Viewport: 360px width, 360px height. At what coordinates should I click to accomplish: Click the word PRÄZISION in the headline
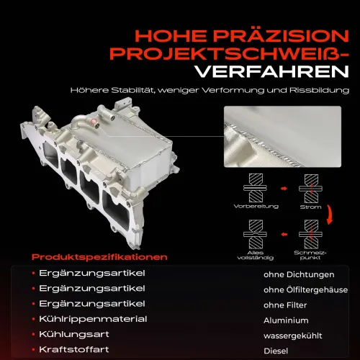(x=281, y=35)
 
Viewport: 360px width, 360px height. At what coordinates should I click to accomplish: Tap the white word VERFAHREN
(x=272, y=71)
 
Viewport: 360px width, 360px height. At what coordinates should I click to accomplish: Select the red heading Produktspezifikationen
(x=99, y=257)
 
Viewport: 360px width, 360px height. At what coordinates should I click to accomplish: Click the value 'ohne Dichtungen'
(x=299, y=274)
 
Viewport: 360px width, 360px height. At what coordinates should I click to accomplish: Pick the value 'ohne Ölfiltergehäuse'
(x=305, y=289)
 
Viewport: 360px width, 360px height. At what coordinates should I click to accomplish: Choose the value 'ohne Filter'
(x=285, y=305)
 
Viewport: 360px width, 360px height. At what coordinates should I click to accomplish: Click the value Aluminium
(x=286, y=320)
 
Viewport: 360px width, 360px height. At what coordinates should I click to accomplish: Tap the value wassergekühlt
(x=293, y=336)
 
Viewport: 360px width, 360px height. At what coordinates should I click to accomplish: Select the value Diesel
(x=276, y=351)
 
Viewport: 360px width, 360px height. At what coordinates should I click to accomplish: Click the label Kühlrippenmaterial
(x=93, y=319)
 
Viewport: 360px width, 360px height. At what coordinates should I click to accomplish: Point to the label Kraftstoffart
(x=74, y=349)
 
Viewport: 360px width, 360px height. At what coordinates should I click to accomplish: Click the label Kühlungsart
(x=74, y=334)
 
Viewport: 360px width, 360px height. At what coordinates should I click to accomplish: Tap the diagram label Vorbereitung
(x=256, y=207)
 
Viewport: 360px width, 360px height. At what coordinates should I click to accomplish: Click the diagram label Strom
(x=310, y=207)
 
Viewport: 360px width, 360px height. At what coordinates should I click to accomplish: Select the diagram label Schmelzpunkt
(x=310, y=255)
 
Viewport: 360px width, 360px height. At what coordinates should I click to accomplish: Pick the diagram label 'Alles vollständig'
(x=256, y=255)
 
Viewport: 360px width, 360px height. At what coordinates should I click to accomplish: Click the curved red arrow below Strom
(x=331, y=215)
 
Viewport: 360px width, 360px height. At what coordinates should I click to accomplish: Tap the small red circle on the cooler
(x=94, y=122)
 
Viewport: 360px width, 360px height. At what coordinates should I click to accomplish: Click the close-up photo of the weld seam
(x=282, y=137)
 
